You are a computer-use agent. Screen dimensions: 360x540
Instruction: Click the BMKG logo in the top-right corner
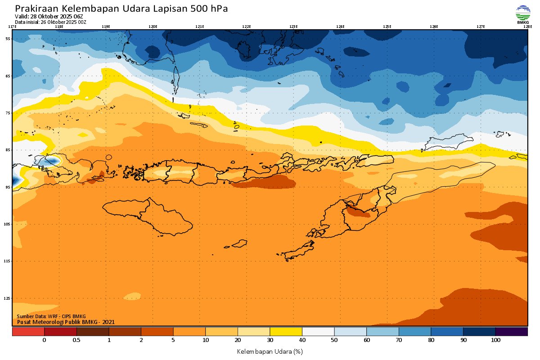pos(522,14)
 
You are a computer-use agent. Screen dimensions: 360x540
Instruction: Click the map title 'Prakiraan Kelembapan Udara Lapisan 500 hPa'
pos(121,9)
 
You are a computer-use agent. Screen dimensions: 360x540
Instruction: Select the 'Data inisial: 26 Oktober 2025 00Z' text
pos(50,22)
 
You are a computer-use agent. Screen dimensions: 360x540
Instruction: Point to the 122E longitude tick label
pos(246,27)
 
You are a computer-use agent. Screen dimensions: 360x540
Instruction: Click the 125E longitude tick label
pos(387,27)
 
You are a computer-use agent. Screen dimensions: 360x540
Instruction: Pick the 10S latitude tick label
pos(8,224)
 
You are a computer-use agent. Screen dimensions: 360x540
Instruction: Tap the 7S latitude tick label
pos(8,113)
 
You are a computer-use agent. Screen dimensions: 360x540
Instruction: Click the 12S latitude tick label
pos(8,298)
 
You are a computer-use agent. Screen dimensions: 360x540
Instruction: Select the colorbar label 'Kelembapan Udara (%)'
pos(270,351)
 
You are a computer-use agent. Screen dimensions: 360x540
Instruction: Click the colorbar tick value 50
pos(334,341)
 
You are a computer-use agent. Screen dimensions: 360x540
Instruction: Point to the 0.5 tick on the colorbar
pos(76,341)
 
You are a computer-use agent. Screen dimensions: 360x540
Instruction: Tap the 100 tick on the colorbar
pos(495,341)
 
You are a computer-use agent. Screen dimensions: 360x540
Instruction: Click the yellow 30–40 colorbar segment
pos(286,332)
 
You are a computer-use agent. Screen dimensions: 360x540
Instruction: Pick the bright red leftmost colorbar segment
pos(28,332)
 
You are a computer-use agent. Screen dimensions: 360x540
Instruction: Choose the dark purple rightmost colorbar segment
pos(511,332)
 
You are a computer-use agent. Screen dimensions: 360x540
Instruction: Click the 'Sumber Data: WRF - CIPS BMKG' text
pos(51,316)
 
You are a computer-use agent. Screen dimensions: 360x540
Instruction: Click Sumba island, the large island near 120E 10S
pos(148,217)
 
